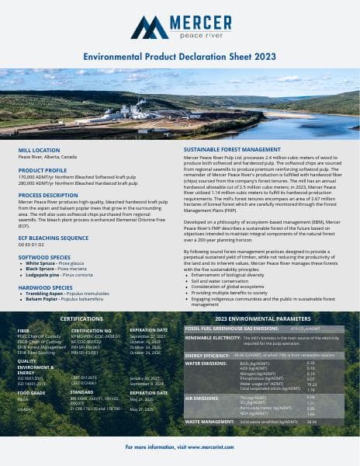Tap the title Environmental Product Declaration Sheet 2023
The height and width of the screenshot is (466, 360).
(x=179, y=57)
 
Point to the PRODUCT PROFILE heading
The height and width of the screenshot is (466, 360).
(x=43, y=169)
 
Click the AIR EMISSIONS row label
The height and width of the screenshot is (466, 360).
(x=201, y=398)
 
